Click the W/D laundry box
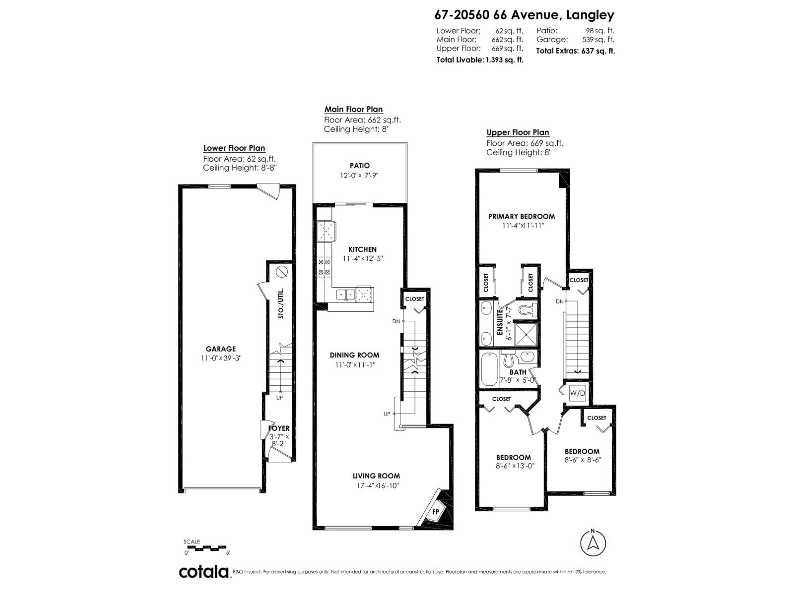pos(577,393)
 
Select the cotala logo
pos(203,572)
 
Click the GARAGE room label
pos(221,349)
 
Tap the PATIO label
pos(359,166)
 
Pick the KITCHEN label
pos(362,249)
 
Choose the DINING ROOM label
pos(354,355)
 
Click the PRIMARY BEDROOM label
pos(521,216)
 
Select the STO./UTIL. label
pos(281,303)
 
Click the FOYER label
pos(279,428)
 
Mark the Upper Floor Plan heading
pos(518,132)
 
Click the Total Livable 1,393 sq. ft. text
pos(480,60)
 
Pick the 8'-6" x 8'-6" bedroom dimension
pos(583,460)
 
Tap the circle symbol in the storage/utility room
pos(281,271)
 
